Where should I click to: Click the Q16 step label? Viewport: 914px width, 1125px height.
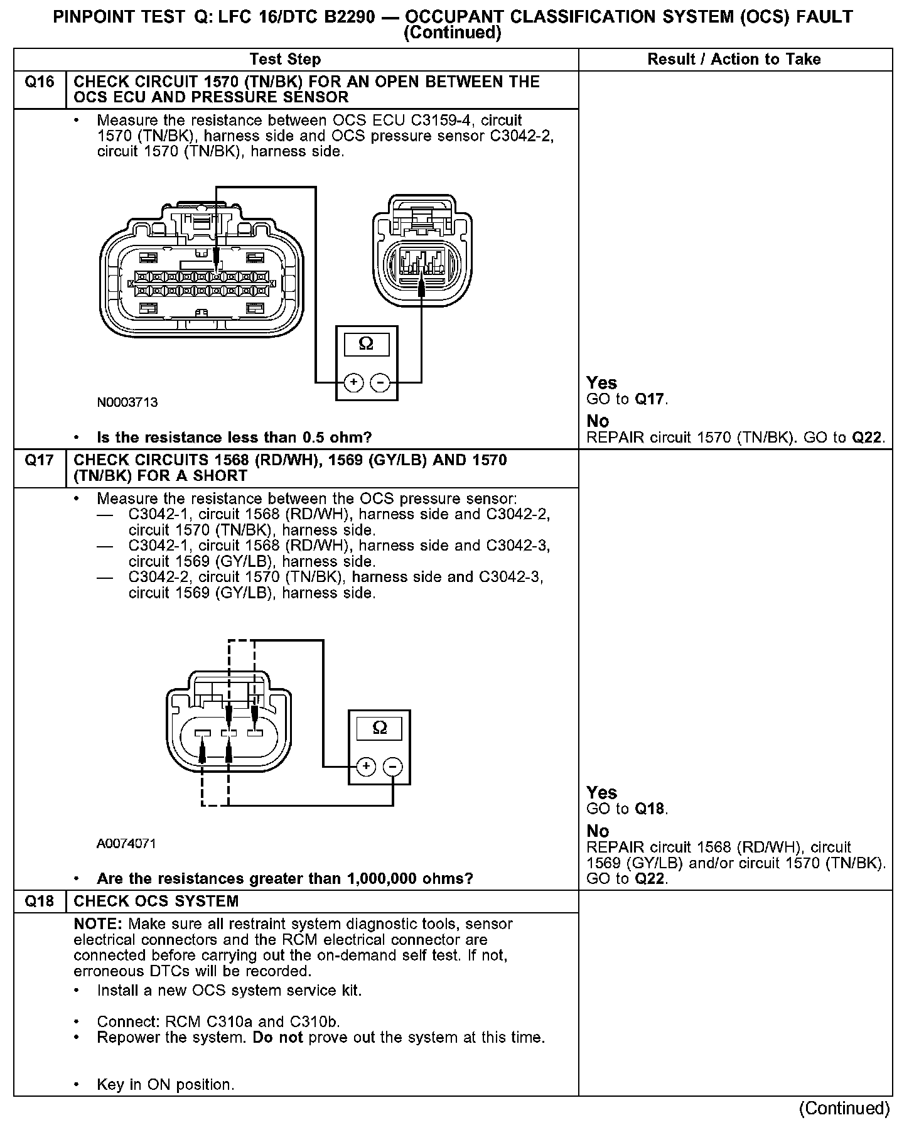(39, 82)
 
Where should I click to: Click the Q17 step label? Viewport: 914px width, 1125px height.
(39, 461)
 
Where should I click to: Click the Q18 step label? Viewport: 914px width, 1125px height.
(39, 902)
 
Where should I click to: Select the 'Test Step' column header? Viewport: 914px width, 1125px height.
(285, 60)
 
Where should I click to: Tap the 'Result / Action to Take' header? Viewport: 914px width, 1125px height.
(734, 60)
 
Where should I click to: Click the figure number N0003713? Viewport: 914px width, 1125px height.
(127, 402)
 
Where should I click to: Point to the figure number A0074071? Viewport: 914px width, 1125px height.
(126, 844)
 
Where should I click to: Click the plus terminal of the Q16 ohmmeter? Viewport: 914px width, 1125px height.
(353, 382)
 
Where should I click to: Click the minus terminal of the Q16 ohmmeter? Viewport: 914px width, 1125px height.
(380, 382)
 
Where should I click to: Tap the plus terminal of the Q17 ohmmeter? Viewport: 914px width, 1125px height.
(367, 767)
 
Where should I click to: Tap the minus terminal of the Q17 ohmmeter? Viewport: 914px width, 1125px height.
(393, 767)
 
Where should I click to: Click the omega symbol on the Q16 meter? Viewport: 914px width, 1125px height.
(366, 344)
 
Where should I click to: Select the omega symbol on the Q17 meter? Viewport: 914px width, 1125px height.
(380, 728)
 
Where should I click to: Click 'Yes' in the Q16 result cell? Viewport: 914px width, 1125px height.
(601, 383)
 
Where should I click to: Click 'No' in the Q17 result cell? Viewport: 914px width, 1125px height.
(598, 831)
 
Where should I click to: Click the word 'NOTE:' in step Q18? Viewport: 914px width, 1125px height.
(99, 924)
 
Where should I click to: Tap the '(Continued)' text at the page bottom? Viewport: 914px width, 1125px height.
(845, 1108)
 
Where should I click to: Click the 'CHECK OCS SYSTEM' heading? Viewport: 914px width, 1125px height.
(156, 902)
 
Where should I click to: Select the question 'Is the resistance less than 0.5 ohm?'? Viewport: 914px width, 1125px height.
(234, 438)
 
